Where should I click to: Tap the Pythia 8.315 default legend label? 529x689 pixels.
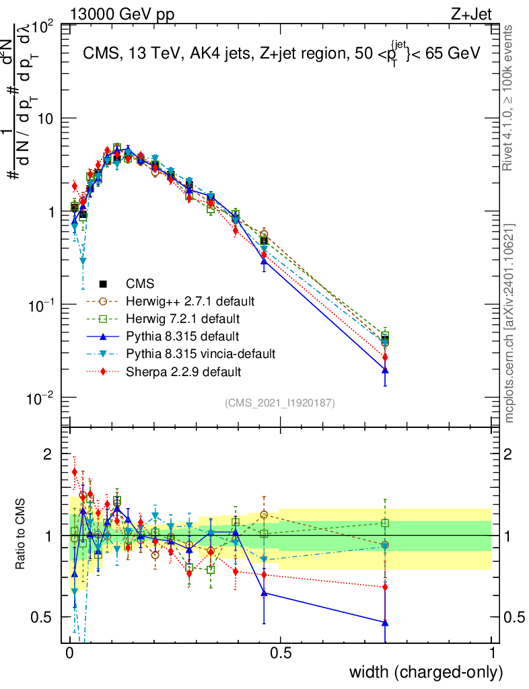(183, 335)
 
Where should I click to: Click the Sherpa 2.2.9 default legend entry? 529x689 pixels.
(183, 371)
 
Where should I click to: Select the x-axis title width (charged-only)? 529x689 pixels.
(425, 672)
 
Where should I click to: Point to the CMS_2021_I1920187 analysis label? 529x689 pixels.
(280, 403)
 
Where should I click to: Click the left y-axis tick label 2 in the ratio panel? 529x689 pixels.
(48, 454)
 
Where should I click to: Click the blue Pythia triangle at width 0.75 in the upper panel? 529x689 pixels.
(385, 370)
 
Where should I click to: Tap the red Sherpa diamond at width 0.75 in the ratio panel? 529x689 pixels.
(385, 587)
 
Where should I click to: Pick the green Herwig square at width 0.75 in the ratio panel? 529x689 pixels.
(385, 523)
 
